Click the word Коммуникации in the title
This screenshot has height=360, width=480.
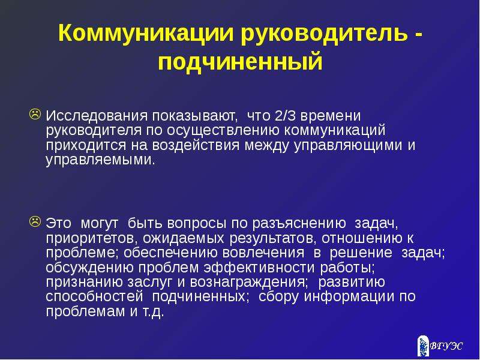(x=146, y=33)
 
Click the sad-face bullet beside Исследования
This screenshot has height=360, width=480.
(x=35, y=114)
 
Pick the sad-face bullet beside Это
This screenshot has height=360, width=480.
(x=35, y=221)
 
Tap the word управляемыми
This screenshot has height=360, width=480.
(x=100, y=160)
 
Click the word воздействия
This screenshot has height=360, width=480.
(x=196, y=145)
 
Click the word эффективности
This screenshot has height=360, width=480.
(x=259, y=268)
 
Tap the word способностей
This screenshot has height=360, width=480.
(x=94, y=296)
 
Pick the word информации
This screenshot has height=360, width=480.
(x=349, y=296)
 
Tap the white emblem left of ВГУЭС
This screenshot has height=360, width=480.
(x=423, y=346)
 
